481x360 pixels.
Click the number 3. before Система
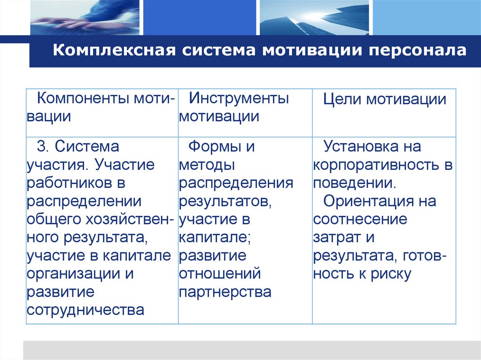(x=43, y=147)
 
